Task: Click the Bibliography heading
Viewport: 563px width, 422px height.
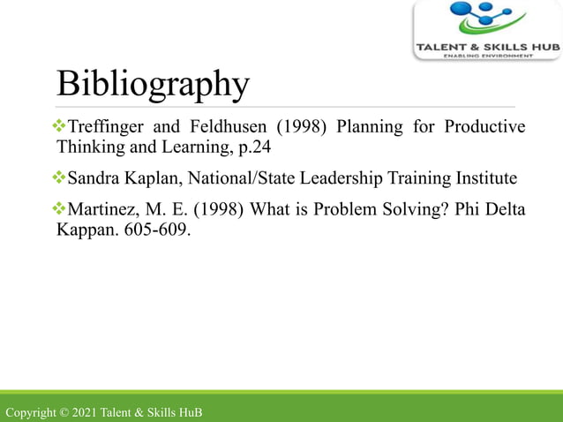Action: (x=152, y=84)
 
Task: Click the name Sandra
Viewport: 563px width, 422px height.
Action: (x=94, y=179)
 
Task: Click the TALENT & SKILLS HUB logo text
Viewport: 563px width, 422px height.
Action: (x=487, y=46)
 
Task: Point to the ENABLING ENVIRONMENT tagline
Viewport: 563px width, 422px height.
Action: (x=488, y=56)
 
